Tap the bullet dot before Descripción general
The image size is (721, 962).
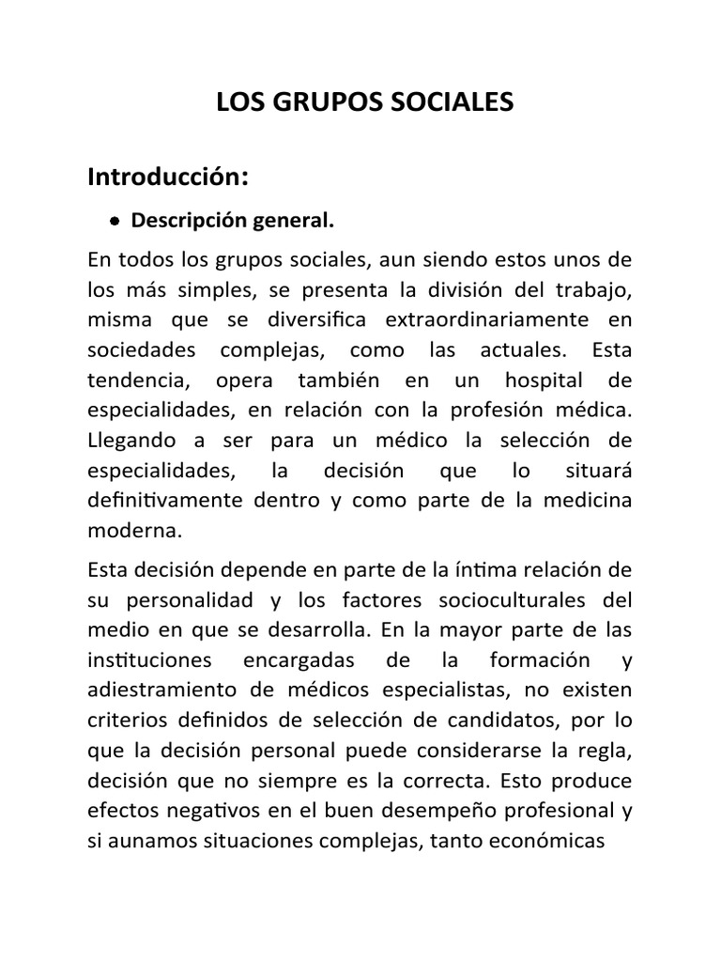114,223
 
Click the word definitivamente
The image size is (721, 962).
164,500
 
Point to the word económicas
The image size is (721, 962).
553,843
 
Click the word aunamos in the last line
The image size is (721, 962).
150,843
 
